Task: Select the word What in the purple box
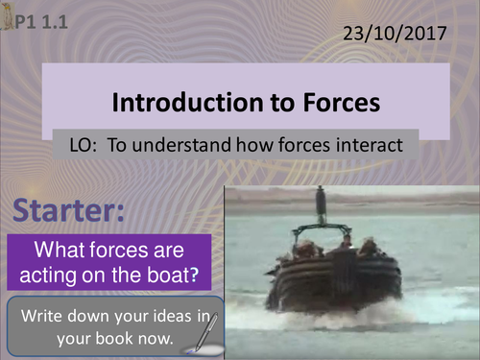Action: (x=60, y=252)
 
